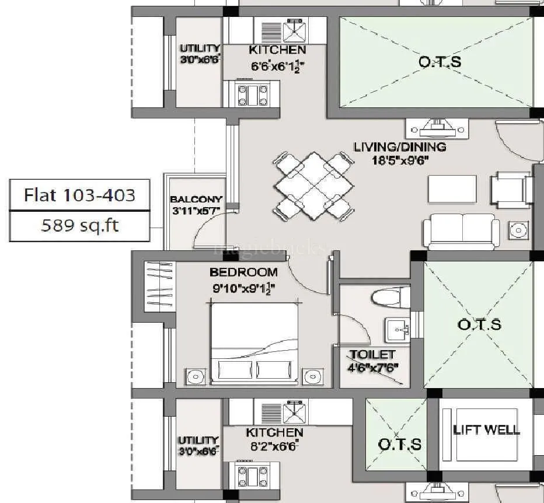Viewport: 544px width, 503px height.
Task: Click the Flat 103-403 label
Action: [x=79, y=194]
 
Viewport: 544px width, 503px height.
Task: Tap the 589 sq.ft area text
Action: [x=79, y=225]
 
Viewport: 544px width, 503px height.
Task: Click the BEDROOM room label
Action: [x=243, y=273]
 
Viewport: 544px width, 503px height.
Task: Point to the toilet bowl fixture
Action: [x=386, y=298]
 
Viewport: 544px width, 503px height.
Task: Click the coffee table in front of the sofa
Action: [x=451, y=188]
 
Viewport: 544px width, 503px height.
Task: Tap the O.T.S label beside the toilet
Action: [x=479, y=324]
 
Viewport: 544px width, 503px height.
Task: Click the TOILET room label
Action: [x=372, y=355]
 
